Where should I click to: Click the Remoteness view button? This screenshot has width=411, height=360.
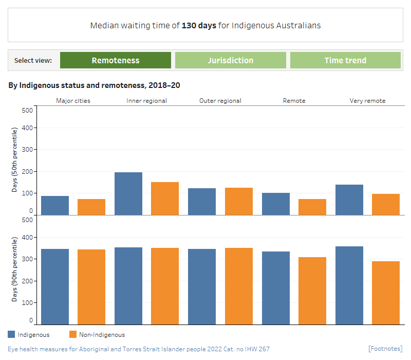point(116,60)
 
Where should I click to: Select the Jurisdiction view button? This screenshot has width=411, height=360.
point(230,60)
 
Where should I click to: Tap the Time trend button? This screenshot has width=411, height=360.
point(345,60)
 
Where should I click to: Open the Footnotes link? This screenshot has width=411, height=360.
point(385,349)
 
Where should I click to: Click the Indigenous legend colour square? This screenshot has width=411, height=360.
point(11,335)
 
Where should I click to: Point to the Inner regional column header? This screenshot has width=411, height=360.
point(146,101)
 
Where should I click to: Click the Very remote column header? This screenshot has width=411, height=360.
point(367,101)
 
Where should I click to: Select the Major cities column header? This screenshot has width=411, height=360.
point(73,101)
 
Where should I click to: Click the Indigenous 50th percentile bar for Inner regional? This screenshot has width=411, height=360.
point(128,194)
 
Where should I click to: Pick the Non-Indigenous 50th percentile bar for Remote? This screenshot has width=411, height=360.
point(312,207)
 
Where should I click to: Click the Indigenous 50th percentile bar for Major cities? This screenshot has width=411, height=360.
point(55,205)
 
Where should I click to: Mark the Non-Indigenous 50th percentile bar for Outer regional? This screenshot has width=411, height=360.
point(239,201)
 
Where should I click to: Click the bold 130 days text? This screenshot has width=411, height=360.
point(199,25)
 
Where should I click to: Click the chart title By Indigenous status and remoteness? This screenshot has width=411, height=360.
point(94,85)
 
